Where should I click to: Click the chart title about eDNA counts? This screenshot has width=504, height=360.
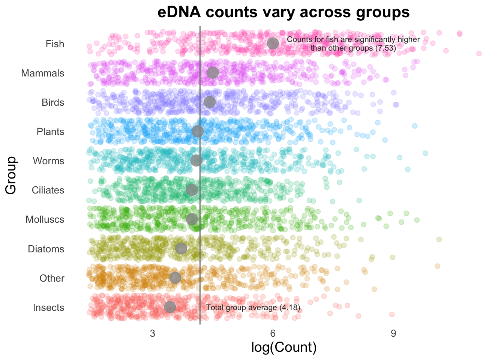[283, 12]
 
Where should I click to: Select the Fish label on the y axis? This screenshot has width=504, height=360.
[55, 44]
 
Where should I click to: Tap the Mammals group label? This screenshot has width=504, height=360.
[43, 73]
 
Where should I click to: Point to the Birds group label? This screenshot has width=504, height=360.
[53, 102]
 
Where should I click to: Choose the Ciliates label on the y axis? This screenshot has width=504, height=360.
[48, 190]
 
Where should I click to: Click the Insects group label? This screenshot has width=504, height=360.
[48, 308]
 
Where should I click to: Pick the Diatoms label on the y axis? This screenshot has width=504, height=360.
[46, 249]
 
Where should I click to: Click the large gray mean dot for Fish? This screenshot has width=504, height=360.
[273, 43]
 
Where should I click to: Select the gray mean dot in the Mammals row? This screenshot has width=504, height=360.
[213, 73]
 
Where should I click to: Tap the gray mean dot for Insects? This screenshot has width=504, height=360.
[170, 307]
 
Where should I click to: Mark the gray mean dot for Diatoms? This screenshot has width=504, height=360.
[181, 248]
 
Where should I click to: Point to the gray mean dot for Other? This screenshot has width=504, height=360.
[175, 277]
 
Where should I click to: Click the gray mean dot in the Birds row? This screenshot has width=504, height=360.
[210, 102]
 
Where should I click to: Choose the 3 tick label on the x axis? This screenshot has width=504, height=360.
[153, 333]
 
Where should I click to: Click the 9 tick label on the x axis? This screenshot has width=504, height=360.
[393, 333]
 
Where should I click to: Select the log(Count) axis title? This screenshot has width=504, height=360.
[284, 347]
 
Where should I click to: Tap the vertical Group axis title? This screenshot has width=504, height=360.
[11, 175]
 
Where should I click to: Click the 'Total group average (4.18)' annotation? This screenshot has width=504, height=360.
[253, 308]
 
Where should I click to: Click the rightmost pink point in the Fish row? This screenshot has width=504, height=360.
[479, 54]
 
